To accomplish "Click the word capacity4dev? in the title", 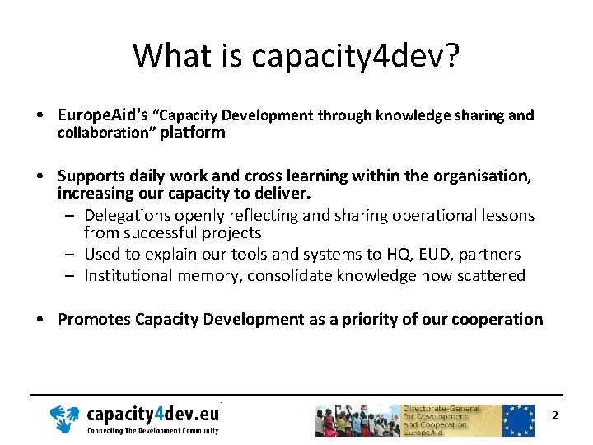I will [356, 56].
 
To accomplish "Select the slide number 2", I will [555, 415].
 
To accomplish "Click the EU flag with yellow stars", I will [519, 420].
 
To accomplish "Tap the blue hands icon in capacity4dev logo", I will [65, 419].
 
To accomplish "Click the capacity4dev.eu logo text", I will [153, 414].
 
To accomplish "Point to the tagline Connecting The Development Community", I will [153, 431].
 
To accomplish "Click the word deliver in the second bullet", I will [282, 194].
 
